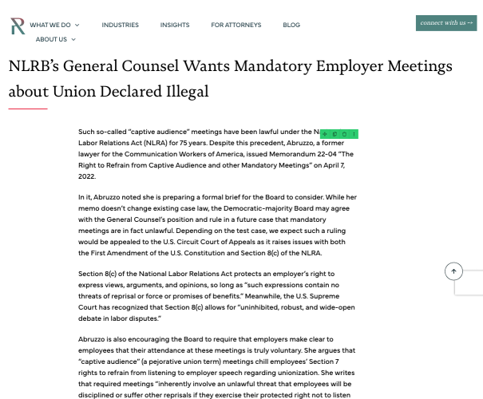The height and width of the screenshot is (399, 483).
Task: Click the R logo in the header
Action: pos(18,26)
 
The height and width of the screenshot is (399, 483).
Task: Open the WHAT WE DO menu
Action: pos(51,25)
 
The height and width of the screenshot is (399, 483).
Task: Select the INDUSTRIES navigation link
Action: pos(120,25)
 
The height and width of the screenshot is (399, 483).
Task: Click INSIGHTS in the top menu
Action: pos(175,25)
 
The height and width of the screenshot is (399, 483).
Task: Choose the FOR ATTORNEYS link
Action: pos(236,25)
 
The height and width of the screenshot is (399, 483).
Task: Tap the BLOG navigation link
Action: pos(291,25)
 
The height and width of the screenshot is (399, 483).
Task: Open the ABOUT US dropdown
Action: pos(55,39)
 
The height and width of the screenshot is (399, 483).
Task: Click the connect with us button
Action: pos(446,23)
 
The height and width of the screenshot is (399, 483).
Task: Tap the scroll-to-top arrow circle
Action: pos(453,271)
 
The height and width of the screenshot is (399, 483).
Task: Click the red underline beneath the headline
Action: pos(28,109)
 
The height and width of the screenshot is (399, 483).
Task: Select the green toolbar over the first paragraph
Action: pos(339,134)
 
